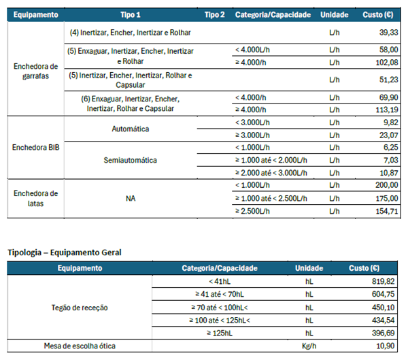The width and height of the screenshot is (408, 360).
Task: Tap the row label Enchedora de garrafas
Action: point(35,70)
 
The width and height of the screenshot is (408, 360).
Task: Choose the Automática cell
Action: point(130,129)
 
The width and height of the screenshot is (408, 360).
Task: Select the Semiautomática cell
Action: point(130,160)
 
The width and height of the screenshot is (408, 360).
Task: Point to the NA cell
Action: point(130,198)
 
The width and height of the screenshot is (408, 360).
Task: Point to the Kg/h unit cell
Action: point(309,346)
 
